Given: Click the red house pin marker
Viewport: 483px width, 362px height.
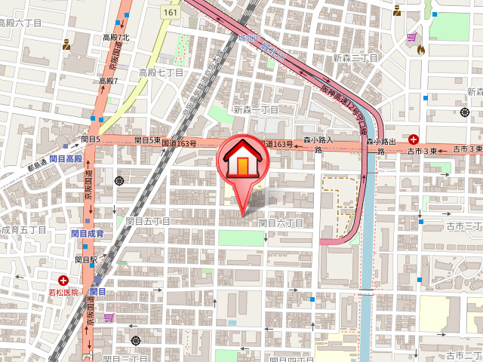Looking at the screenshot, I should tap(241, 162).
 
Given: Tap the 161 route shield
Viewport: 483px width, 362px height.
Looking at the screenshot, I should tap(171, 13).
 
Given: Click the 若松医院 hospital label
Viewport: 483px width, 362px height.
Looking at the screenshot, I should tap(64, 291).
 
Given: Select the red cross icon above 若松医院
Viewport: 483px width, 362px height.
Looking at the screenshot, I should tap(63, 280).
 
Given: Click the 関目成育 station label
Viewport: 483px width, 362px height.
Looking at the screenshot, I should tap(88, 234).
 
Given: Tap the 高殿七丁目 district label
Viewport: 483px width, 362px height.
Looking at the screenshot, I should tap(161, 73).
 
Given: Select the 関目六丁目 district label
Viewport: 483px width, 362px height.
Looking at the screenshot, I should tap(281, 223).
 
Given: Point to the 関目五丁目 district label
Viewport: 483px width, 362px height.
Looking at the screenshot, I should tap(147, 222).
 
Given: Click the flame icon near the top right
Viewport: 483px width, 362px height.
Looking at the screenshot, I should tap(421, 50).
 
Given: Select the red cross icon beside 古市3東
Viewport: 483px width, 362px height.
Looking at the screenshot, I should tap(414, 140).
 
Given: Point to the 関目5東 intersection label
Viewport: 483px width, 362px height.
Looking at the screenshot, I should tap(147, 140).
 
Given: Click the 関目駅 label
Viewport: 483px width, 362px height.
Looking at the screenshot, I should tap(85, 259).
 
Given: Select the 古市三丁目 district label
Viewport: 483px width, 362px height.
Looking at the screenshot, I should tap(462, 226).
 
